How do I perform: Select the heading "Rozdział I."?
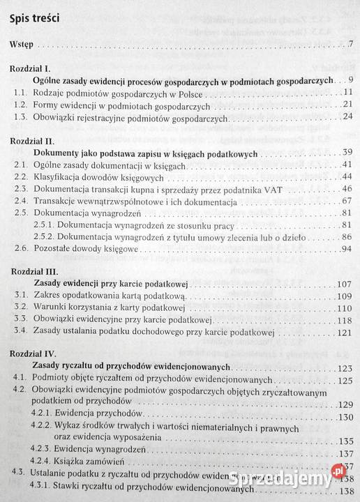pyautogui.click(x=29, y=70)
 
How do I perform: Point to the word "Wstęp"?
pyautogui.click(x=22, y=47)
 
